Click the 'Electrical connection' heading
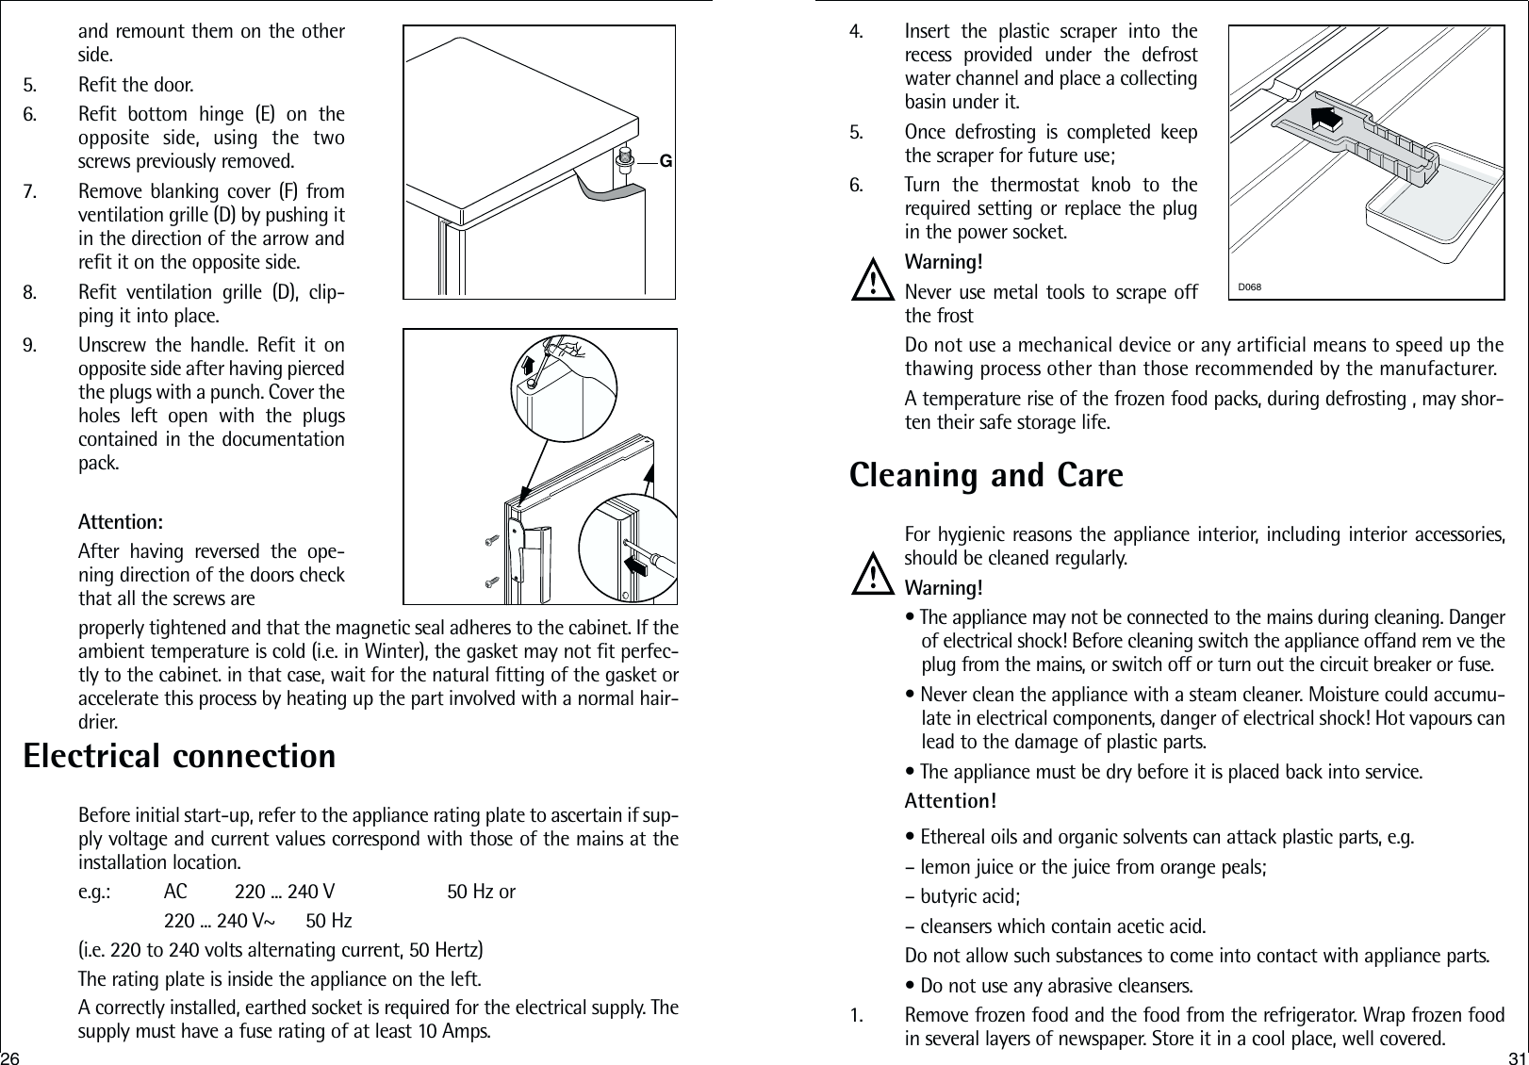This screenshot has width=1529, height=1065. (x=179, y=756)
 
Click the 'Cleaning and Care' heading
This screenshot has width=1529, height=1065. (x=986, y=475)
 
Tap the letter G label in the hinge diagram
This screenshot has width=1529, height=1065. (x=665, y=161)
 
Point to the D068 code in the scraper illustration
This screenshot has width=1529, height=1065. (x=1250, y=286)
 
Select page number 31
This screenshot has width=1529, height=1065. (x=1517, y=1054)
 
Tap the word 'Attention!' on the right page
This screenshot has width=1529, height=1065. (x=950, y=801)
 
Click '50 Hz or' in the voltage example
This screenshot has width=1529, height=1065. (x=481, y=892)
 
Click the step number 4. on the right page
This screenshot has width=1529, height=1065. (x=856, y=32)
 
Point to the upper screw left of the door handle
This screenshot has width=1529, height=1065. (x=491, y=540)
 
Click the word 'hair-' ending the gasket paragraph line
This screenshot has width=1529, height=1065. (x=654, y=700)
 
